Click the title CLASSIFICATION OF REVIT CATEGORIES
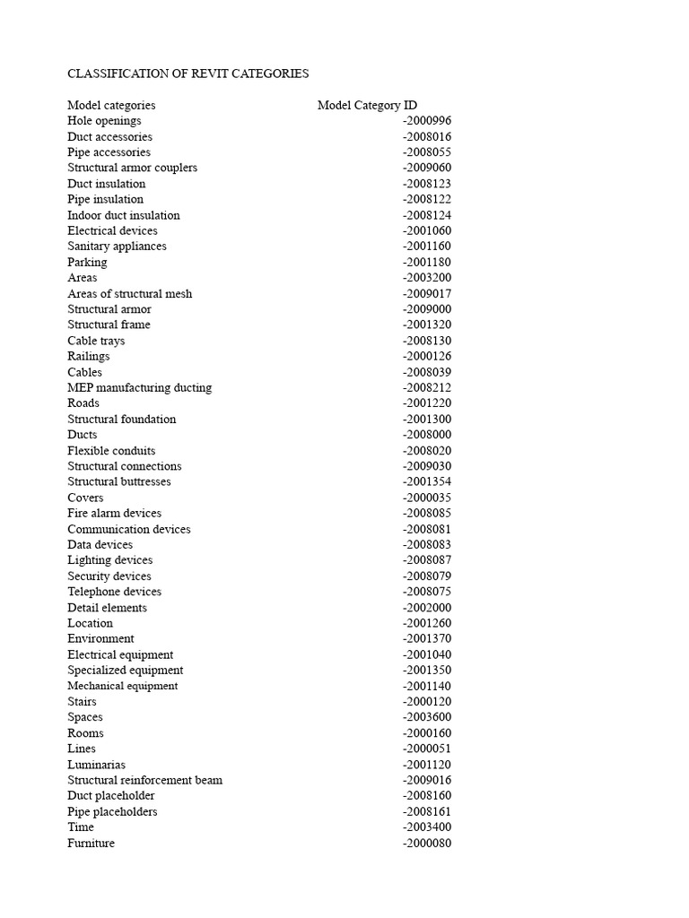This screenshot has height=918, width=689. [x=188, y=74]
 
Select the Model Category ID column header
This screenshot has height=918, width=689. [x=367, y=105]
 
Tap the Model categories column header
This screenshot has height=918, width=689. [x=111, y=105]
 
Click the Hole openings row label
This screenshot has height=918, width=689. [x=104, y=121]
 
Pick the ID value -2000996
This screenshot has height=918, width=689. [x=427, y=121]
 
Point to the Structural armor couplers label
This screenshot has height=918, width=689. [x=132, y=168]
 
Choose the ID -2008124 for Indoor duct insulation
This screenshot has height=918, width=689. [x=427, y=215]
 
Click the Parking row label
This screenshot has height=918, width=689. [x=87, y=262]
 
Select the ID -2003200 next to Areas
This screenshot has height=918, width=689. [x=427, y=278]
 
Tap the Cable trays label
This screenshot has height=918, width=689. [x=96, y=341]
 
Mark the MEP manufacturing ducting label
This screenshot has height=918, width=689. [x=139, y=387]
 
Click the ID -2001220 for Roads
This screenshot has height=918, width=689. [x=427, y=403]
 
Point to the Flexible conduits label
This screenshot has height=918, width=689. [x=111, y=450]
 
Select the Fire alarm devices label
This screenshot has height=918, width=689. [x=114, y=513]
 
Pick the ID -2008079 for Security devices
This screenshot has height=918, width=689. [x=427, y=576]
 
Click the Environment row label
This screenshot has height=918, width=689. [x=100, y=638]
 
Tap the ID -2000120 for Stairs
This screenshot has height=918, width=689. [x=427, y=701]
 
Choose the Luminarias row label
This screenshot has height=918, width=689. [x=96, y=765]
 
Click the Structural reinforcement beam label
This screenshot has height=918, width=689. [x=144, y=780]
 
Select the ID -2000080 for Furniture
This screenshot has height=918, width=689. [x=427, y=843]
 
